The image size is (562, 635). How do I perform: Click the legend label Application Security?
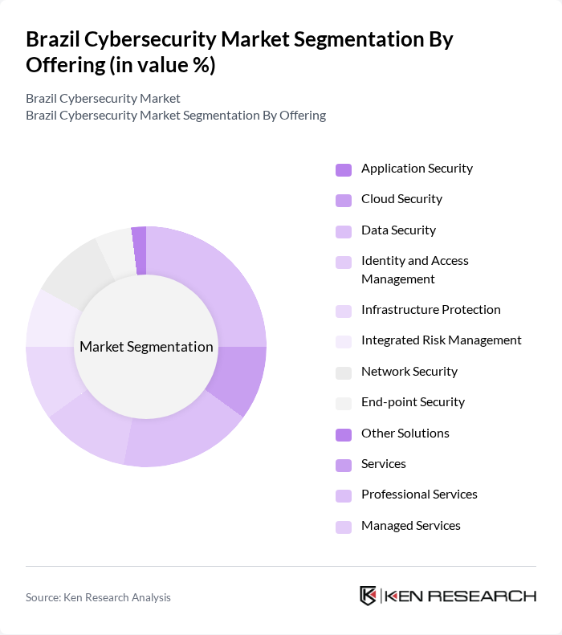coord(417,169)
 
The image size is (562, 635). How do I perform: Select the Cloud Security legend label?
coord(401,199)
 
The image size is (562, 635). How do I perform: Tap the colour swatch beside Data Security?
coord(344,231)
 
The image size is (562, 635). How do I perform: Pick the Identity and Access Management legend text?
coord(414,270)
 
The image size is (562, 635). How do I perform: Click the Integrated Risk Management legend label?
coord(441,340)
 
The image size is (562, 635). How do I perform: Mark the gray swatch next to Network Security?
coord(344,372)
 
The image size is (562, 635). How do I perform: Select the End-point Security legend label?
coord(413,402)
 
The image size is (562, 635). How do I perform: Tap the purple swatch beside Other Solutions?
coord(344,434)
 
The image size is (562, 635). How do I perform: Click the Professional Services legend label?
coord(419,495)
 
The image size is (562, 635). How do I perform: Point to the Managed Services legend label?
coord(410,526)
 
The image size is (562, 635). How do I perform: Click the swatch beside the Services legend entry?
coord(344,465)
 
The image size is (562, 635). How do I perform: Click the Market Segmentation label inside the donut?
coord(146,347)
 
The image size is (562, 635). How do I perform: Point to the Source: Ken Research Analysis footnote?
coord(98,597)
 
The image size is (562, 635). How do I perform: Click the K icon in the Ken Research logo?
coord(369,596)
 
